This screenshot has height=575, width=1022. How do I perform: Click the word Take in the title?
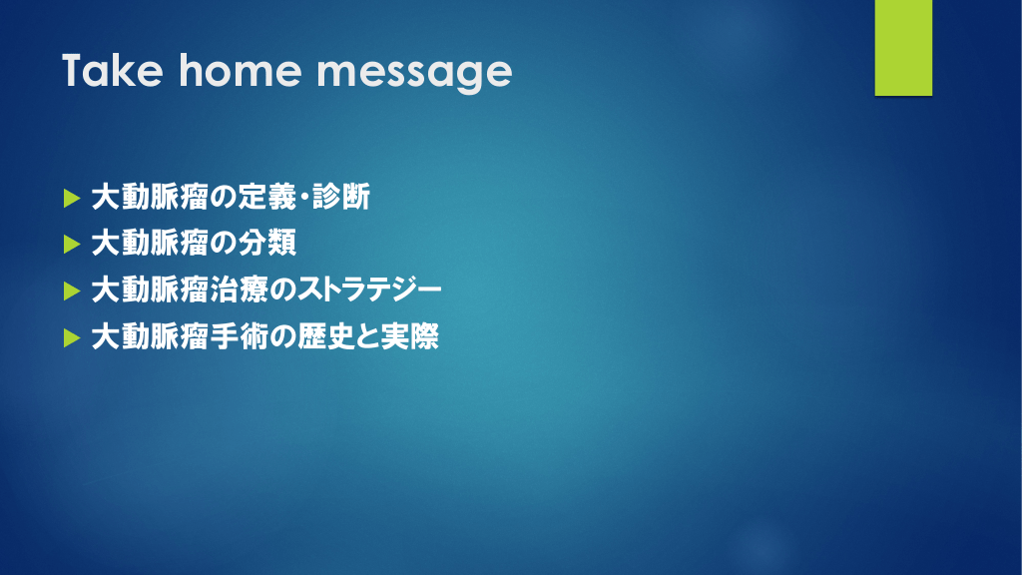click(x=112, y=71)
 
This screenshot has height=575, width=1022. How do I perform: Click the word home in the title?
click(x=239, y=71)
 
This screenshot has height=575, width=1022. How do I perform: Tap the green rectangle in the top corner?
click(x=903, y=48)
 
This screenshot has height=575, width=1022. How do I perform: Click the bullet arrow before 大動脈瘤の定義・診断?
click(x=72, y=198)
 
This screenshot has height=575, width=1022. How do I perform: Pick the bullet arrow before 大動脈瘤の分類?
click(x=72, y=245)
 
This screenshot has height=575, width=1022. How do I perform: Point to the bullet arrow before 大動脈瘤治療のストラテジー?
click(x=72, y=290)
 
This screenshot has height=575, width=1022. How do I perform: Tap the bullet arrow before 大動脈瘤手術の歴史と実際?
click(x=72, y=337)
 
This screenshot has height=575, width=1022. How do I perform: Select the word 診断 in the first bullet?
click(x=341, y=197)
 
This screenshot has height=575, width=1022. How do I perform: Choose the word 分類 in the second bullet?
click(x=267, y=244)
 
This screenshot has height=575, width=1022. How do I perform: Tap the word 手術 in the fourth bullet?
click(x=240, y=336)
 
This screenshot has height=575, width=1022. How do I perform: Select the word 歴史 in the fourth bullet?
click(x=326, y=336)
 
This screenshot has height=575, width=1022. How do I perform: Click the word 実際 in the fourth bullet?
click(x=410, y=336)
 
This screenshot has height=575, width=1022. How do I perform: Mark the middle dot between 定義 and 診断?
click(x=304, y=197)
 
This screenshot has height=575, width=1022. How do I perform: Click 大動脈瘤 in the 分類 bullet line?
click(x=150, y=244)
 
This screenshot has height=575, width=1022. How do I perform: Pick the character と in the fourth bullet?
click(x=369, y=336)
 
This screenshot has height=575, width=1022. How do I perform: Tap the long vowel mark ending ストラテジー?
click(x=428, y=290)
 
